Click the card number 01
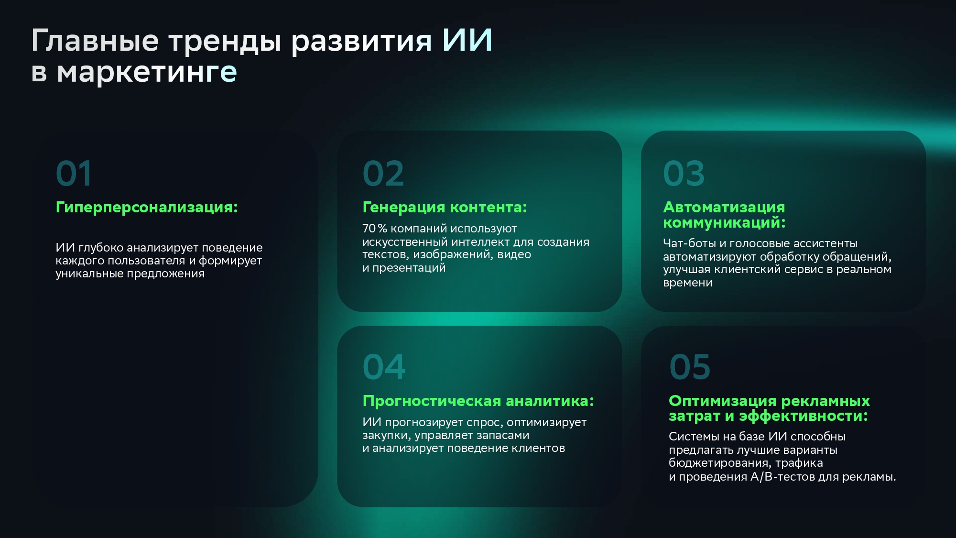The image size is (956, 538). tap(74, 173)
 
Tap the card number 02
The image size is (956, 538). tap(383, 173)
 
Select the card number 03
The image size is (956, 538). tap(684, 173)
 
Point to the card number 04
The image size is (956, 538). tap(384, 367)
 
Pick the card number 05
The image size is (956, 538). tap(690, 367)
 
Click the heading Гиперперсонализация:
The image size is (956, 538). tap(147, 208)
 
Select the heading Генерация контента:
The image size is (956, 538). tap(445, 207)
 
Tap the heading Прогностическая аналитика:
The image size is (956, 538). tap(478, 401)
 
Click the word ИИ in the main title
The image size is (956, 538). tap(467, 40)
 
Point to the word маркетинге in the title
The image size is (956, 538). tap(147, 72)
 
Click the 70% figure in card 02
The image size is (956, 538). tap(375, 229)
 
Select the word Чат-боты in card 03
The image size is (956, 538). tap(689, 243)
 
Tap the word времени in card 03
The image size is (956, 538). tap(687, 283)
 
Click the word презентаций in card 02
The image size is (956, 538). tap(409, 268)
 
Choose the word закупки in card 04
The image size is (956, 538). tap(386, 436)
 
